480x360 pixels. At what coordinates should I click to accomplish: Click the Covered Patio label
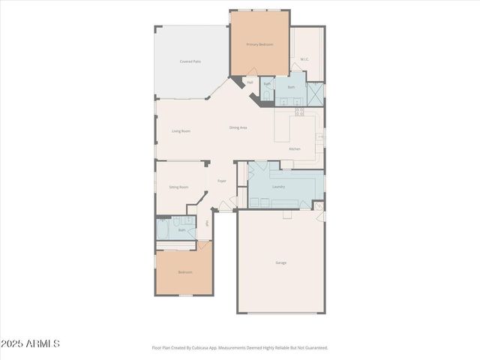190,61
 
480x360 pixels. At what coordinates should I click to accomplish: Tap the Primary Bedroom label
259,45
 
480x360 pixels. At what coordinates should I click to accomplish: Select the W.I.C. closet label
305,58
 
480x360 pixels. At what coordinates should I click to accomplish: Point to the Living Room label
181,131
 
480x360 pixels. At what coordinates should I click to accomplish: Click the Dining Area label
238,127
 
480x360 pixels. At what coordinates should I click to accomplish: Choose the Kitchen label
295,149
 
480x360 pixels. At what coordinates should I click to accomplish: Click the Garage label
280,262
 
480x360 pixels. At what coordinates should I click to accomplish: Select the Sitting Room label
178,187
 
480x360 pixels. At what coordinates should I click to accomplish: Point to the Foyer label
222,181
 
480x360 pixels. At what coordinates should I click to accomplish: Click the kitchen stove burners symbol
299,112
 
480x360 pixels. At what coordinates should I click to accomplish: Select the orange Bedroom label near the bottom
184,272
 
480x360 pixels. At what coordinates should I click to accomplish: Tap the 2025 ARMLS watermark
30,343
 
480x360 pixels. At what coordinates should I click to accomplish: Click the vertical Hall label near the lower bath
207,223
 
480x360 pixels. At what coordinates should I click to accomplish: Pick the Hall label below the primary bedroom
250,82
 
